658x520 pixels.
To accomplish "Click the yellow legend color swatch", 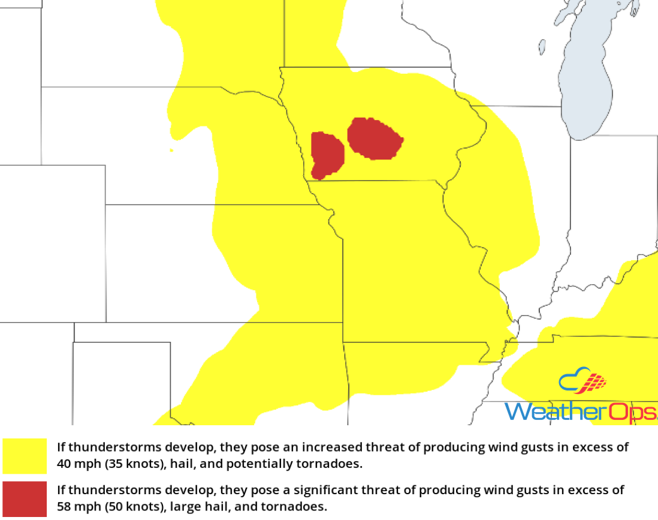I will point(25,456).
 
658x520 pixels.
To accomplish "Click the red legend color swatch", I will point(25,498).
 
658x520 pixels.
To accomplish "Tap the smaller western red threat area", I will point(327,155).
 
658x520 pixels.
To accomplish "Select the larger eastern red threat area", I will point(374,139).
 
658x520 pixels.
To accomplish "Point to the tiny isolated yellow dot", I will point(171,150).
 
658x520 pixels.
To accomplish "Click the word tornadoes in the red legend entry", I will point(299,507).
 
